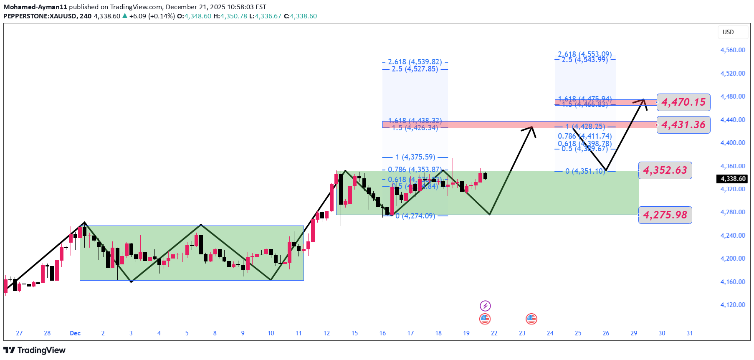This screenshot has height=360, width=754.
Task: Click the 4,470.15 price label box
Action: click(683, 102)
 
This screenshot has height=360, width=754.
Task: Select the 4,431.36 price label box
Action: click(683, 125)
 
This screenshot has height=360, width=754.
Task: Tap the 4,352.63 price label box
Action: click(665, 170)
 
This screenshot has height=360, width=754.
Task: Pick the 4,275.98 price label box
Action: click(665, 215)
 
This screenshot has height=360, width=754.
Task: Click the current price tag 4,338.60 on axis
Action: click(733, 179)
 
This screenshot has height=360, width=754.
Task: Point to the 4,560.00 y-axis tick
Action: click(733, 50)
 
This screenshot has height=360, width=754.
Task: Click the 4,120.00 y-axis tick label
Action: click(733, 305)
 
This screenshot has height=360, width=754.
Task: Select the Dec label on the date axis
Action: click(75, 333)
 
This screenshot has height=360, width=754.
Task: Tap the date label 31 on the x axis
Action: click(690, 333)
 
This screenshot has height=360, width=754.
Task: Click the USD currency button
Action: click(728, 32)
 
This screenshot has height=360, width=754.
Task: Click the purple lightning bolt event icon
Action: click(485, 306)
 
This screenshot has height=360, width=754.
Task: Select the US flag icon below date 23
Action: click(531, 319)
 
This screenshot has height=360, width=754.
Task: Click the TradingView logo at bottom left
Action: click(35, 350)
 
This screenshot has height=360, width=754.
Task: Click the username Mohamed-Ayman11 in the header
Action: click(35, 7)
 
